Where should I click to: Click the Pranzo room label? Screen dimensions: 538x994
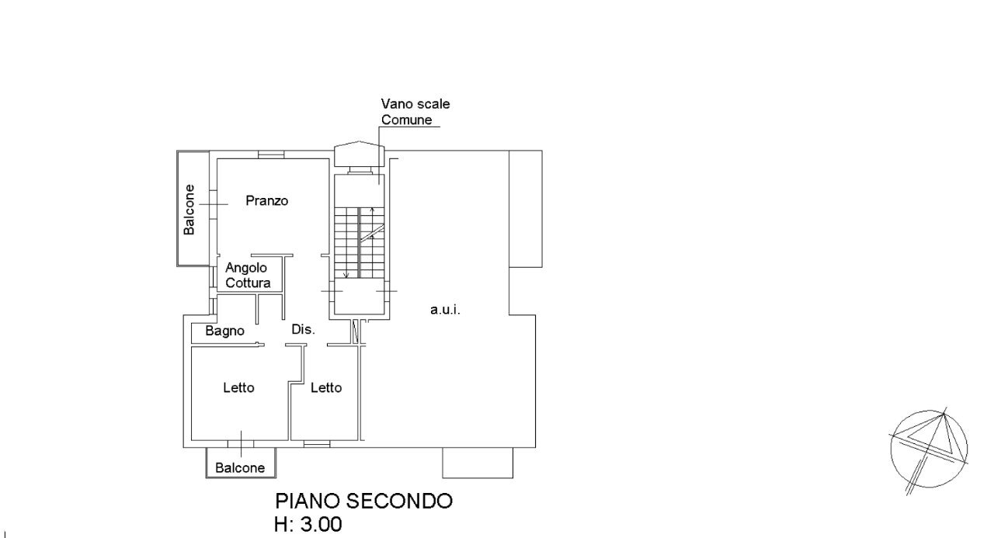click(x=267, y=200)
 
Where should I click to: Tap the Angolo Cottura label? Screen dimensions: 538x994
click(x=248, y=275)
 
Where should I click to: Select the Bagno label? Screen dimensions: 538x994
click(x=225, y=331)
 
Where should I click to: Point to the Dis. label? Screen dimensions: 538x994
click(x=303, y=330)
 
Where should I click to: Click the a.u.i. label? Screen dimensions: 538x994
click(x=446, y=310)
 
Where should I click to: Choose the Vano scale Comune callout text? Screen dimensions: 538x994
click(x=415, y=112)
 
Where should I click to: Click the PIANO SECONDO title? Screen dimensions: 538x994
click(x=363, y=501)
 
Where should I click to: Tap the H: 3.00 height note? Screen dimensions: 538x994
click(x=308, y=524)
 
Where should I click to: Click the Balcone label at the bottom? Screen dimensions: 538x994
click(x=240, y=468)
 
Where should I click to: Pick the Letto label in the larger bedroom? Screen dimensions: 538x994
click(x=238, y=388)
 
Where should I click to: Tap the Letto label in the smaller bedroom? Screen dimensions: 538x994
click(x=326, y=388)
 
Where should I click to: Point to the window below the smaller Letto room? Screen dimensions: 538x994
click(x=316, y=443)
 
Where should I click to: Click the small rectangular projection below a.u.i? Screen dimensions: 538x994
click(x=477, y=463)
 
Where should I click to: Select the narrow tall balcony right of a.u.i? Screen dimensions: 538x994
click(x=524, y=208)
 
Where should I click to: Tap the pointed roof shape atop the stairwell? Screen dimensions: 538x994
click(x=360, y=154)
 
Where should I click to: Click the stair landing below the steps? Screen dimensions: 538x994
click(x=360, y=299)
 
